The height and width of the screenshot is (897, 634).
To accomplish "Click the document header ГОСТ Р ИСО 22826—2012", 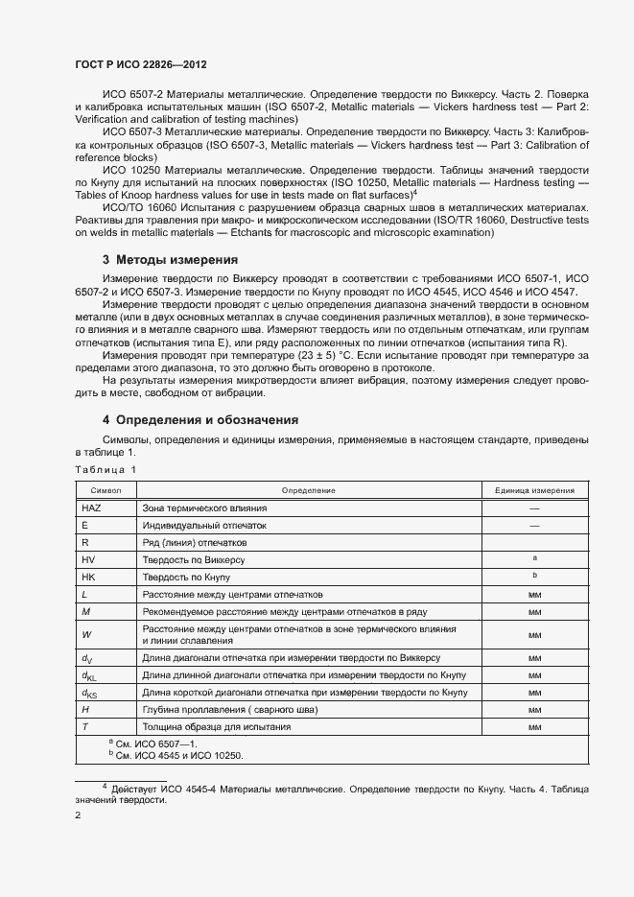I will click(x=141, y=64).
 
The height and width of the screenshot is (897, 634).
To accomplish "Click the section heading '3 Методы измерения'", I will click(x=170, y=260).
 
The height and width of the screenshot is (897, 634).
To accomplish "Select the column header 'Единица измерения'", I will click(x=534, y=490).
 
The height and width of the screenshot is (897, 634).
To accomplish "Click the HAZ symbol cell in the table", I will click(x=92, y=508).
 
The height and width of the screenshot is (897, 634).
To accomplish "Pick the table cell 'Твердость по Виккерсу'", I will click(x=194, y=559).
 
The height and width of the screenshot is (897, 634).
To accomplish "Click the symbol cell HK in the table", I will click(x=89, y=577).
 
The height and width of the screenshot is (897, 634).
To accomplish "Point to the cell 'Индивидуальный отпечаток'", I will click(x=203, y=525).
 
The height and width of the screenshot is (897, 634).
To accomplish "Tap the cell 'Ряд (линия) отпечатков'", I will click(x=195, y=542).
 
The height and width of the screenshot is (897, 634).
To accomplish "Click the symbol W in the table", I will click(x=86, y=633).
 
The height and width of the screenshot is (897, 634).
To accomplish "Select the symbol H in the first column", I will click(x=85, y=709).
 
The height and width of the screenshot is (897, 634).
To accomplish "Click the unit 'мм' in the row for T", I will click(x=534, y=726).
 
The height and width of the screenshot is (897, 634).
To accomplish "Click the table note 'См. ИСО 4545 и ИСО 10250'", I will click(x=178, y=755).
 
